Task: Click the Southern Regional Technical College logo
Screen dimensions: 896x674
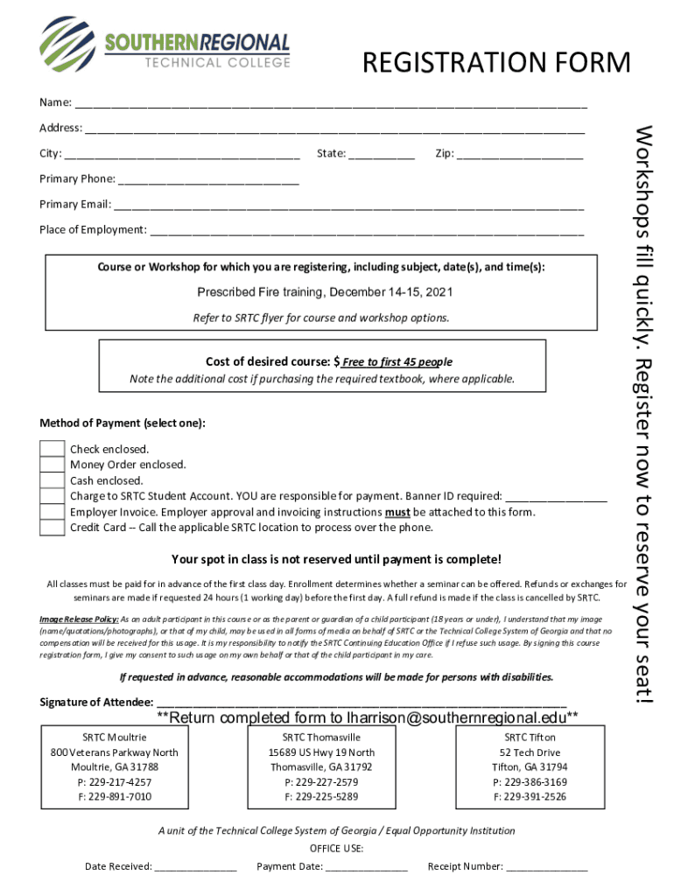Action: tap(165, 45)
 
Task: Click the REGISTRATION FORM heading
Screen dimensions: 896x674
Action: tap(496, 63)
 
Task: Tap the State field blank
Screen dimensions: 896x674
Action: tap(381, 153)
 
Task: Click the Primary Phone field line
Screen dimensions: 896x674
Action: tap(208, 178)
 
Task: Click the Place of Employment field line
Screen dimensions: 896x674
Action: tap(367, 229)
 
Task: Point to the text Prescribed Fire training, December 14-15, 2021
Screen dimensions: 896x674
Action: tap(325, 291)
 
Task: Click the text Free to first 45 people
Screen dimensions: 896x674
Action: tap(397, 361)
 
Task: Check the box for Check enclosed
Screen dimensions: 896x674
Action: tap(53, 449)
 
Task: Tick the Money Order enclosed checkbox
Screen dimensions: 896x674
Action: tap(53, 465)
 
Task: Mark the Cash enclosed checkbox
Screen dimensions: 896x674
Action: tap(53, 480)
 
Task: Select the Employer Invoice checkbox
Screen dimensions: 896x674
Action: tap(53, 512)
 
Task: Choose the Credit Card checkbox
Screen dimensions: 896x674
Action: tap(53, 528)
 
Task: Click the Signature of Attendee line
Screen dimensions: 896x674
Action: tap(361, 702)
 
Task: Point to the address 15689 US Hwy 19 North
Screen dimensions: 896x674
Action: tap(321, 752)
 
